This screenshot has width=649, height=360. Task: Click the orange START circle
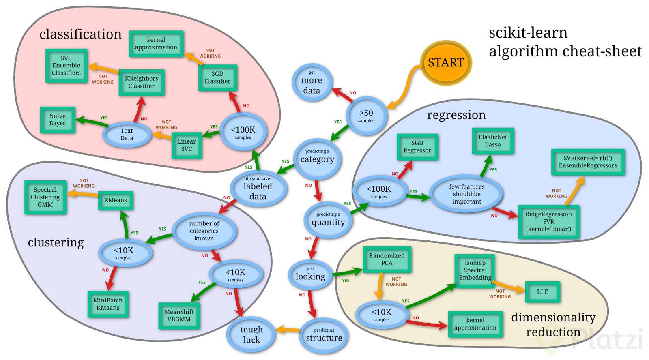point(446,62)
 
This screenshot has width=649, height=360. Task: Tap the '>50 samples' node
point(366,116)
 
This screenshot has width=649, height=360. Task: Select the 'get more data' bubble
point(312,83)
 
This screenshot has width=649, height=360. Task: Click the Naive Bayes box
point(58,120)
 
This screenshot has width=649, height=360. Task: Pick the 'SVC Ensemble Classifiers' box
point(66,66)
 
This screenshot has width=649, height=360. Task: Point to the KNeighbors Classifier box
point(141,82)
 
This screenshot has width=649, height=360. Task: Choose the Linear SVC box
point(187,145)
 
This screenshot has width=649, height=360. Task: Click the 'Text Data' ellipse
point(127,134)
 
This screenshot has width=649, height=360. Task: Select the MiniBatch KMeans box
point(108,304)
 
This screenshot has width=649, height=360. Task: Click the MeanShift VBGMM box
point(179,315)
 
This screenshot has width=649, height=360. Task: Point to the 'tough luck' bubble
point(251,334)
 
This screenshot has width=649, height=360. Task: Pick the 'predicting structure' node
point(324,335)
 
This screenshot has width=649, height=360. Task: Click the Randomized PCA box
point(387,259)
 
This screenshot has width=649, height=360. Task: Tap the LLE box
point(542,292)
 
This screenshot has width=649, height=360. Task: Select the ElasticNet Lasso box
point(492,141)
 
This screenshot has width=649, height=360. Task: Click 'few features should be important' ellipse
point(466,194)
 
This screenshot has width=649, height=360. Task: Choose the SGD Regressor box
point(417,147)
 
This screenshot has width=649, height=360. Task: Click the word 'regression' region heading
point(456,115)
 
